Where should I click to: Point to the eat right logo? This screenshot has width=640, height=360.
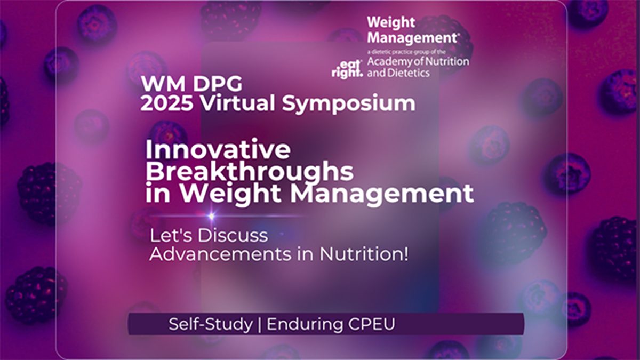pyautogui.click(x=347, y=69)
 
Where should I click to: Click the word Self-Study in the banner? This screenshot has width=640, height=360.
pyautogui.click(x=210, y=324)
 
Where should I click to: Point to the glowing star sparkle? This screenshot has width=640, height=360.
pyautogui.click(x=212, y=216)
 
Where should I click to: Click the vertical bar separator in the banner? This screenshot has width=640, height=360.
pyautogui.click(x=260, y=324)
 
